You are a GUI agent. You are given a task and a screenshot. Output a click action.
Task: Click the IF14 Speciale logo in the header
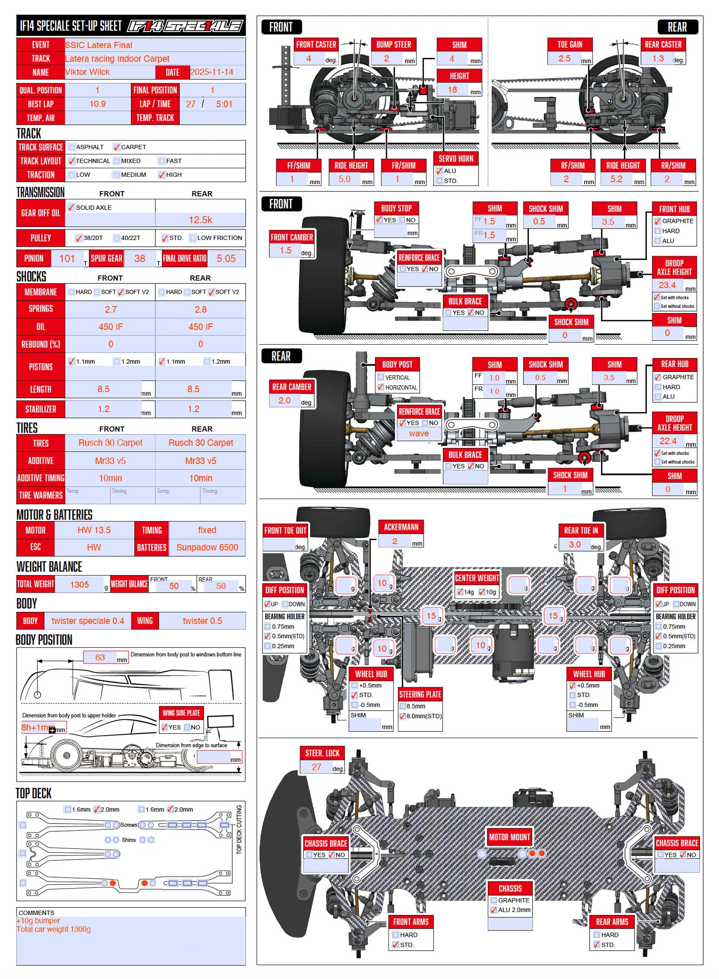(185, 26)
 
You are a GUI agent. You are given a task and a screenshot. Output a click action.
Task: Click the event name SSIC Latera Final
(98, 45)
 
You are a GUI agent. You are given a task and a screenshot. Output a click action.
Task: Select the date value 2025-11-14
(212, 72)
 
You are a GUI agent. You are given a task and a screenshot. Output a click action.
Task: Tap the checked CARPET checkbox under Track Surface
(117, 147)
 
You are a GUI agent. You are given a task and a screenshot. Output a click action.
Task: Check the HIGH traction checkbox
(162, 175)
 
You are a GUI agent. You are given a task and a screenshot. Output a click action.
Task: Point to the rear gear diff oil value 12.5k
(200, 220)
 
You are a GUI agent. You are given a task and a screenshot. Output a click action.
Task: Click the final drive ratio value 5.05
(226, 259)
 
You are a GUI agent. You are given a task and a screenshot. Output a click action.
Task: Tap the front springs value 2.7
(110, 309)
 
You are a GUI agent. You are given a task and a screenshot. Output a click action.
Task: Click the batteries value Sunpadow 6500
(207, 547)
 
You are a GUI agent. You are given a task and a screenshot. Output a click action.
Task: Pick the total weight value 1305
(79, 585)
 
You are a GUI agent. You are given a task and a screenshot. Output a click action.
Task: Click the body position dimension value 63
(100, 657)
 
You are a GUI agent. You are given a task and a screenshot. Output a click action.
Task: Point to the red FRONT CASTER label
(316, 44)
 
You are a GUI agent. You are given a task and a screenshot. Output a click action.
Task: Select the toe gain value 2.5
(564, 58)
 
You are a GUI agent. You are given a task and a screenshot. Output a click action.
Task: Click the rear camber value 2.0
(284, 400)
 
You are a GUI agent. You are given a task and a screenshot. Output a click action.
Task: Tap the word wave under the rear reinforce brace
(419, 434)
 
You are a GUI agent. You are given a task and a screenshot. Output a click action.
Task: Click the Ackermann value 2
(395, 541)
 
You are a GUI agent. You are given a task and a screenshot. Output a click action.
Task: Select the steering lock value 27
(316, 767)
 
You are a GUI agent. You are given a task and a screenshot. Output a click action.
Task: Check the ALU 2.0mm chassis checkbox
(494, 910)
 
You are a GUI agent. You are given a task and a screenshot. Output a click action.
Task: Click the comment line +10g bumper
(38, 921)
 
